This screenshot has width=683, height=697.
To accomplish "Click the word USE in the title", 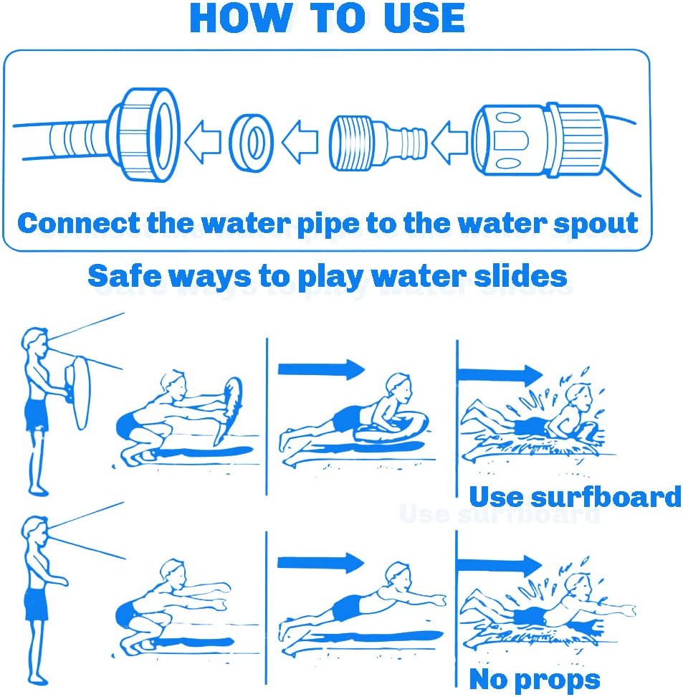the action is [424, 18].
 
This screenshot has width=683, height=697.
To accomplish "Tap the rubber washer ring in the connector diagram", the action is [251, 143].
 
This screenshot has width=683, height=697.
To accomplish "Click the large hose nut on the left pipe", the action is [145, 135].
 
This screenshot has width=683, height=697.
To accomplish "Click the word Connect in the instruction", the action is [79, 223].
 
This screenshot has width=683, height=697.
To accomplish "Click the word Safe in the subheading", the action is [125, 276].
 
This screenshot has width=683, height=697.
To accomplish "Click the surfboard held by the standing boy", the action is [78, 392].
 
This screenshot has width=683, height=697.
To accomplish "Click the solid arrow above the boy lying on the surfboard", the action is [321, 369].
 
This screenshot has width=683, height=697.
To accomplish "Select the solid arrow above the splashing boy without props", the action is [500, 566].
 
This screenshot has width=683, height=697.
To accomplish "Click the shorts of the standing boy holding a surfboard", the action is [37, 414].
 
